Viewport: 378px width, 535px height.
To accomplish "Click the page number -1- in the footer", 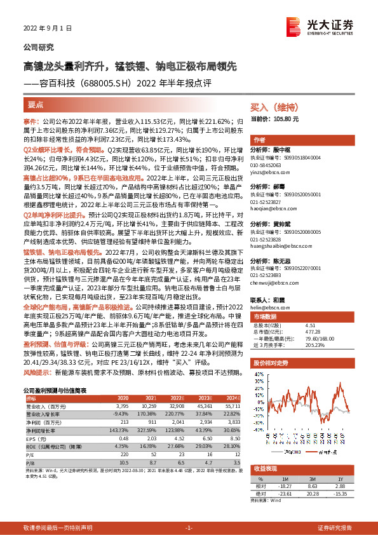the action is (189, 528).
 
